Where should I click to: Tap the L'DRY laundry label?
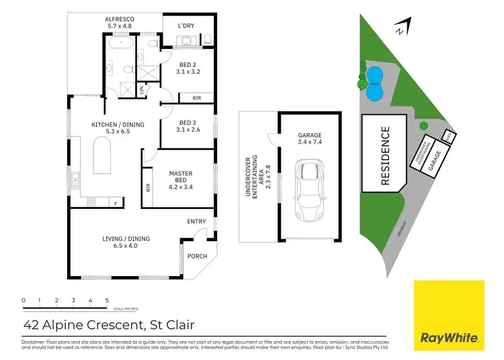tap(185, 26)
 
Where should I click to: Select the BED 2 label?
tap(188, 65)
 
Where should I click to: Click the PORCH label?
tap(197, 256)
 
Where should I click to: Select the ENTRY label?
tap(196, 221)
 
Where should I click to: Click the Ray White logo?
tap(448, 316)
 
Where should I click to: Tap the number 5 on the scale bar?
tap(107, 300)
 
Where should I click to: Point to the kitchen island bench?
tap(102, 156)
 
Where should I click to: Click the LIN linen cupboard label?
tap(141, 89)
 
